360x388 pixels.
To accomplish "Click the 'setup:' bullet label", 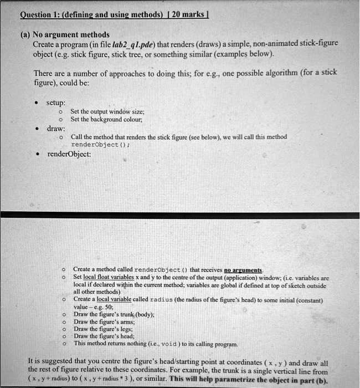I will (x=56, y=103).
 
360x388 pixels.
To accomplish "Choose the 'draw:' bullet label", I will (x=55, y=128).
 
